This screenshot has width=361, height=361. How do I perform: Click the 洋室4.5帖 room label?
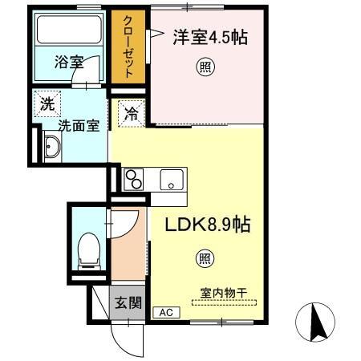tap(208, 38)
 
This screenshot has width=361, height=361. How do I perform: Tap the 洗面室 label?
tap(78, 125)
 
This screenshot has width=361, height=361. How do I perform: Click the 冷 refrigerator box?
tap(131, 114)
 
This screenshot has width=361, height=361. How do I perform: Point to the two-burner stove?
tap(134, 180)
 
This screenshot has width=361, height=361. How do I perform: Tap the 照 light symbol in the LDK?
tap(205, 258)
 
